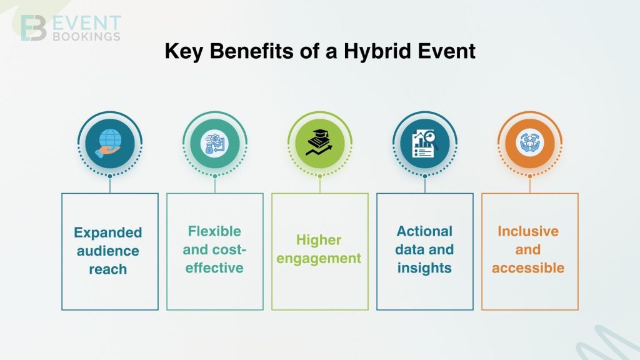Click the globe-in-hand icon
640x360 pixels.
(x=110, y=144)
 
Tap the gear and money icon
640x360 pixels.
(x=215, y=144)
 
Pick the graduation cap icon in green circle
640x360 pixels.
(x=320, y=144)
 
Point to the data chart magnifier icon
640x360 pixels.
(x=425, y=144)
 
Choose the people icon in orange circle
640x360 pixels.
(x=530, y=144)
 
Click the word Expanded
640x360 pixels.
(x=108, y=232)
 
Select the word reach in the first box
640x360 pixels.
(x=108, y=269)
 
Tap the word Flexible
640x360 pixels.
(x=214, y=231)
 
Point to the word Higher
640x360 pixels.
(x=319, y=240)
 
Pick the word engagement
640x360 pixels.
(x=319, y=258)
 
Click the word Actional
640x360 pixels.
(x=424, y=231)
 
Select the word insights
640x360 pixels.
(x=424, y=268)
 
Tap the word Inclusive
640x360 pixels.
(x=528, y=231)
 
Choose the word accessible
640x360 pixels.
(x=528, y=268)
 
